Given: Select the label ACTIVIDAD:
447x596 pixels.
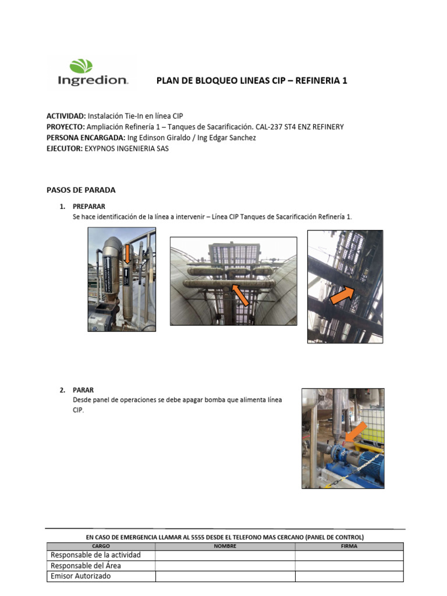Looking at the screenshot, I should [x=66, y=116].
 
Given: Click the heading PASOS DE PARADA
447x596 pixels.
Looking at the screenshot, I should [x=81, y=190].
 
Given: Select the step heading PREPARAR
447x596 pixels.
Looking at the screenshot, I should [x=88, y=207].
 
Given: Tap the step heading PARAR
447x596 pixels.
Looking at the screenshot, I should [x=83, y=390].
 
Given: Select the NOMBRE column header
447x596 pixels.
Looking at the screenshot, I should [x=225, y=546].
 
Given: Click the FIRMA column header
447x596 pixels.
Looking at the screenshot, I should [x=349, y=546].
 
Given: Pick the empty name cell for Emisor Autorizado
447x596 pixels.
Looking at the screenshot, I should [x=225, y=576].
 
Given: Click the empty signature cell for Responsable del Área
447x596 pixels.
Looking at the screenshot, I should [x=349, y=566].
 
